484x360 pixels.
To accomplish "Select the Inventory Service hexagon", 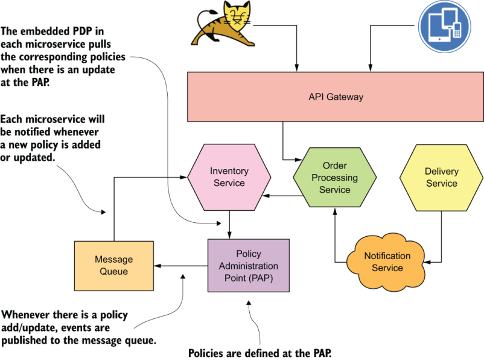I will click(x=229, y=177).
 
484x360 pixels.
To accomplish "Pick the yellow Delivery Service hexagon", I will click(x=441, y=177).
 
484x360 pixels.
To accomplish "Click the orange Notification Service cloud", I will click(x=387, y=261).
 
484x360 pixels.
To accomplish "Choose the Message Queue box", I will click(x=113, y=265).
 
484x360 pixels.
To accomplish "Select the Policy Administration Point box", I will click(x=248, y=265).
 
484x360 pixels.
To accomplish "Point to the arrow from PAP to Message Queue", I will click(x=181, y=265).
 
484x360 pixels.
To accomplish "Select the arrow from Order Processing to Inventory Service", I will click(x=281, y=196).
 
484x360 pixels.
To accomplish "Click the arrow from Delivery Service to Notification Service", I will click(x=441, y=242).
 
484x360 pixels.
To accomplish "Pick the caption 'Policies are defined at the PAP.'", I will click(x=260, y=353).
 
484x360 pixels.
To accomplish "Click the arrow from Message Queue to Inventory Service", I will click(x=115, y=205).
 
